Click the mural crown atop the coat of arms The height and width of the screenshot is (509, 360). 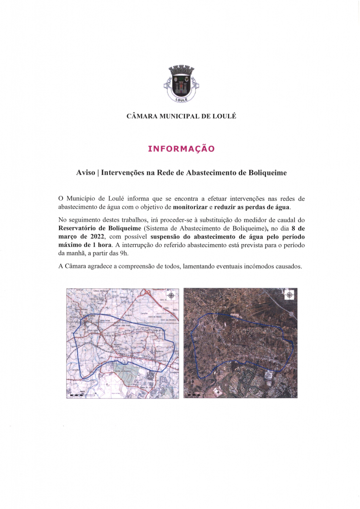click(x=180, y=70)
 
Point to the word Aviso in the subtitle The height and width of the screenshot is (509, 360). click(x=86, y=173)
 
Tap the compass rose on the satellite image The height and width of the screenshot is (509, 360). click(x=289, y=295)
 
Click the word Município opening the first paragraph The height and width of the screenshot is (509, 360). click(x=83, y=198)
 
